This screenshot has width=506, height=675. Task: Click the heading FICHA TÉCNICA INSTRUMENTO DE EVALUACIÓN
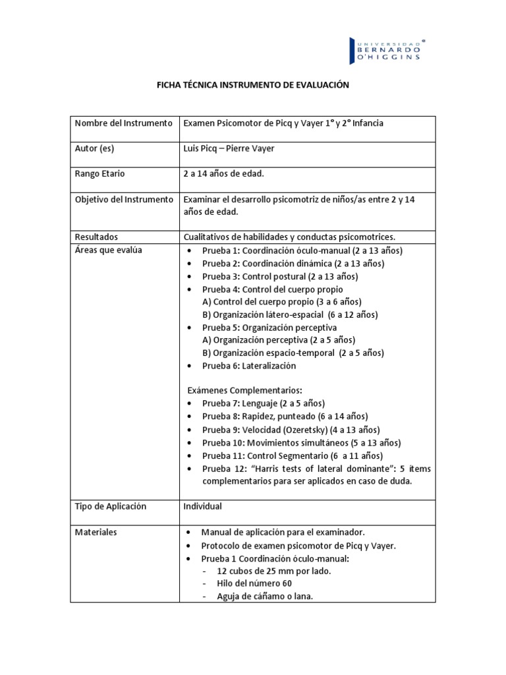[252, 86]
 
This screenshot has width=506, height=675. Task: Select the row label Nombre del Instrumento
[123, 123]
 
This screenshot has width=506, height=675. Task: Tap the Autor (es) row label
[94, 148]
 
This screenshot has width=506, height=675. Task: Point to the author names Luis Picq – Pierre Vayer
[229, 148]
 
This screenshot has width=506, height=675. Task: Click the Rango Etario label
[99, 173]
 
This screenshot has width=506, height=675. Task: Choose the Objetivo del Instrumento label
[124, 199]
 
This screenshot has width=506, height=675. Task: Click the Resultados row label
[96, 237]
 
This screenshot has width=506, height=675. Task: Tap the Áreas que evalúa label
[108, 250]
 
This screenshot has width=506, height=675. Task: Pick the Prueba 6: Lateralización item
[249, 365]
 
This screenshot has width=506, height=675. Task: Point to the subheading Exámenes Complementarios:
[244, 390]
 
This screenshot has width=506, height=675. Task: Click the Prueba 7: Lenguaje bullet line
[264, 403]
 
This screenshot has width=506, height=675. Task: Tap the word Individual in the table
[202, 506]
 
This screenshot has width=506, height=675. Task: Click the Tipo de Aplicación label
[110, 506]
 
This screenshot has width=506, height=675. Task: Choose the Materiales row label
[96, 532]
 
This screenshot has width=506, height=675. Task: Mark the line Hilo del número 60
[254, 583]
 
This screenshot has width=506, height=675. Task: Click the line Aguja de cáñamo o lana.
[264, 596]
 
